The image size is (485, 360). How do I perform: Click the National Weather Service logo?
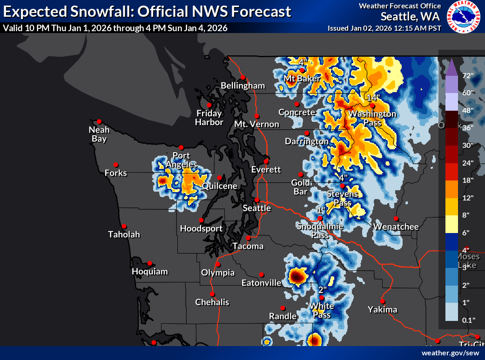[x=464, y=18]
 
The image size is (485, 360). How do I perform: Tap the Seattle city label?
[x=256, y=208]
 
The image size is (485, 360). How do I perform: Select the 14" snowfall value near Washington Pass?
[x=373, y=98]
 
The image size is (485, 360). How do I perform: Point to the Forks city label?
[x=115, y=173]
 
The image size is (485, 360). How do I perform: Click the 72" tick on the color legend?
[x=467, y=75]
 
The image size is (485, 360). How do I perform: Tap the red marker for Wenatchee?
[x=396, y=219]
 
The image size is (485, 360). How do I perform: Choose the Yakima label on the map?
[x=382, y=309]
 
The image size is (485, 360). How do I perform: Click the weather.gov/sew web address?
[x=450, y=353]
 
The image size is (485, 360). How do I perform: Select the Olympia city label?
[x=218, y=273]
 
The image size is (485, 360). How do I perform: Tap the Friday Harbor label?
[x=209, y=118]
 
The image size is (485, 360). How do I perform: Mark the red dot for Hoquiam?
[x=150, y=263]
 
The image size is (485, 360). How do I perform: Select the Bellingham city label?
[x=242, y=86]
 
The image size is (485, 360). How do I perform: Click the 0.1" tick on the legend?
[x=467, y=320]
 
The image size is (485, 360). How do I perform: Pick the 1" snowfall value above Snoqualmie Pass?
[x=320, y=210]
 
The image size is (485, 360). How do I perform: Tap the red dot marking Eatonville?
[x=262, y=274]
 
